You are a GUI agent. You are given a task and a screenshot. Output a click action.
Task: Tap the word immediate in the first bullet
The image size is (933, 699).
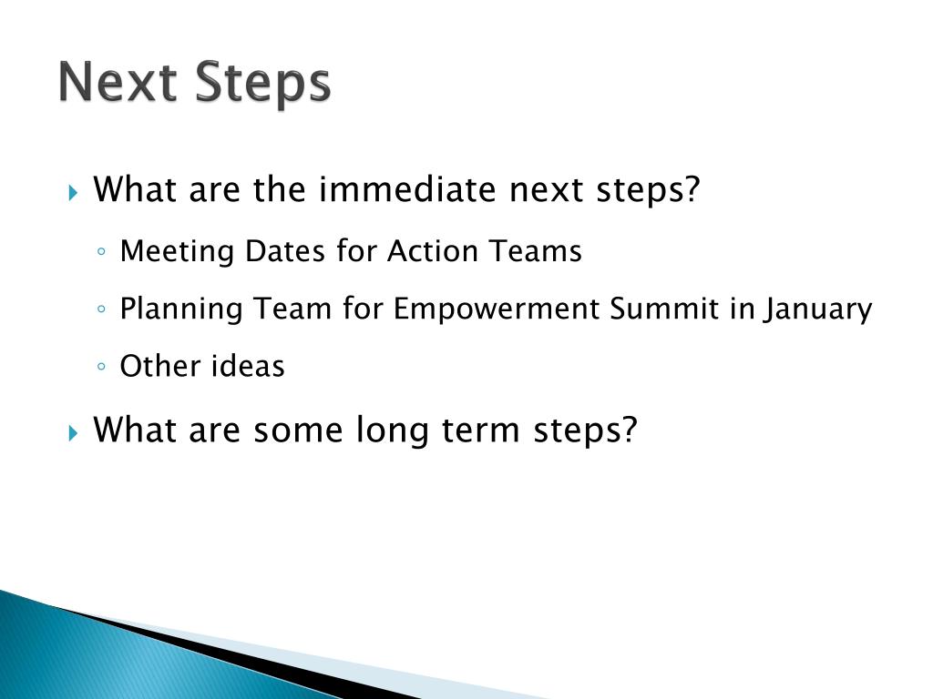pyautogui.click(x=395, y=190)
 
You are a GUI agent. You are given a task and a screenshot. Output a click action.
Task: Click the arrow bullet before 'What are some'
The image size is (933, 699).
pyautogui.click(x=74, y=431)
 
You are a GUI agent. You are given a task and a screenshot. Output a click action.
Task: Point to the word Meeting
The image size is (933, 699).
pyautogui.click(x=178, y=251)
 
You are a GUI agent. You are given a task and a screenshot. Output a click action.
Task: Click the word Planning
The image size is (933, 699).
pyautogui.click(x=181, y=309)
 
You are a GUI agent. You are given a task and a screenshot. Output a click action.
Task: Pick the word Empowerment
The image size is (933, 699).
pyautogui.click(x=497, y=309)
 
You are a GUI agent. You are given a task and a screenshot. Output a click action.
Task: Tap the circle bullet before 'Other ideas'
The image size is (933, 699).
pyautogui.click(x=102, y=368)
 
